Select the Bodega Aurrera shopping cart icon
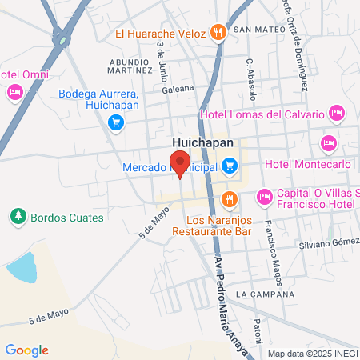[x=116, y=122]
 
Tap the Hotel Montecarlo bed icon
[x=327, y=144]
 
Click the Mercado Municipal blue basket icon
[x=230, y=166]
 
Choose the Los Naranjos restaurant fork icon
[x=230, y=198]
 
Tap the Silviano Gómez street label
[x=328, y=243]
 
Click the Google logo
[x=27, y=350]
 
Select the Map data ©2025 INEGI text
[x=311, y=354]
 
